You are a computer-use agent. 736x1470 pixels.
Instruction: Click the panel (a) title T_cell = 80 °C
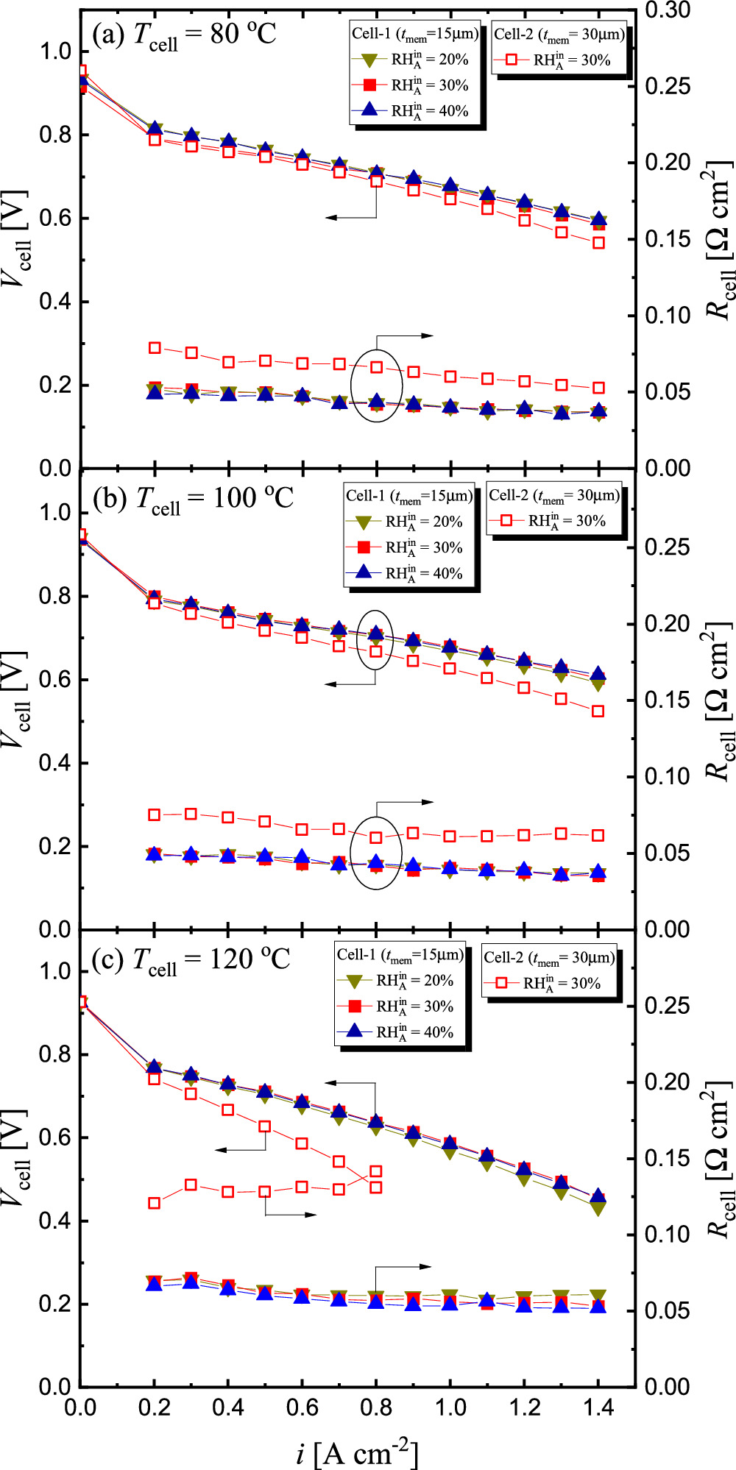click(x=184, y=35)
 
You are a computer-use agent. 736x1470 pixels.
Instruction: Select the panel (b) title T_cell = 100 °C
click(x=194, y=500)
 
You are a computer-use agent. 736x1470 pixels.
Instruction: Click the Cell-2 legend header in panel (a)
click(x=559, y=34)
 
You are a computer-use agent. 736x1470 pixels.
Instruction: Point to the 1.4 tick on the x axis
click(x=598, y=1407)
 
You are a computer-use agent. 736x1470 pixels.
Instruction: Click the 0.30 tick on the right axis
click(x=668, y=10)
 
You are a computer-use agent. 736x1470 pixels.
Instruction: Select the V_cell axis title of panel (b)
click(x=16, y=699)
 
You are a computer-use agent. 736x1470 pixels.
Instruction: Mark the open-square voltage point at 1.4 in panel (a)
click(x=598, y=243)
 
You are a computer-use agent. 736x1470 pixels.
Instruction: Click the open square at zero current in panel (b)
click(x=81, y=535)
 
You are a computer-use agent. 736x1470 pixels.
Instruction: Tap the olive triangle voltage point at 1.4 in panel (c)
click(x=598, y=1207)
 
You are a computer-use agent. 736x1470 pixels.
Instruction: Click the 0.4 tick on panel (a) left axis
click(x=55, y=302)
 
